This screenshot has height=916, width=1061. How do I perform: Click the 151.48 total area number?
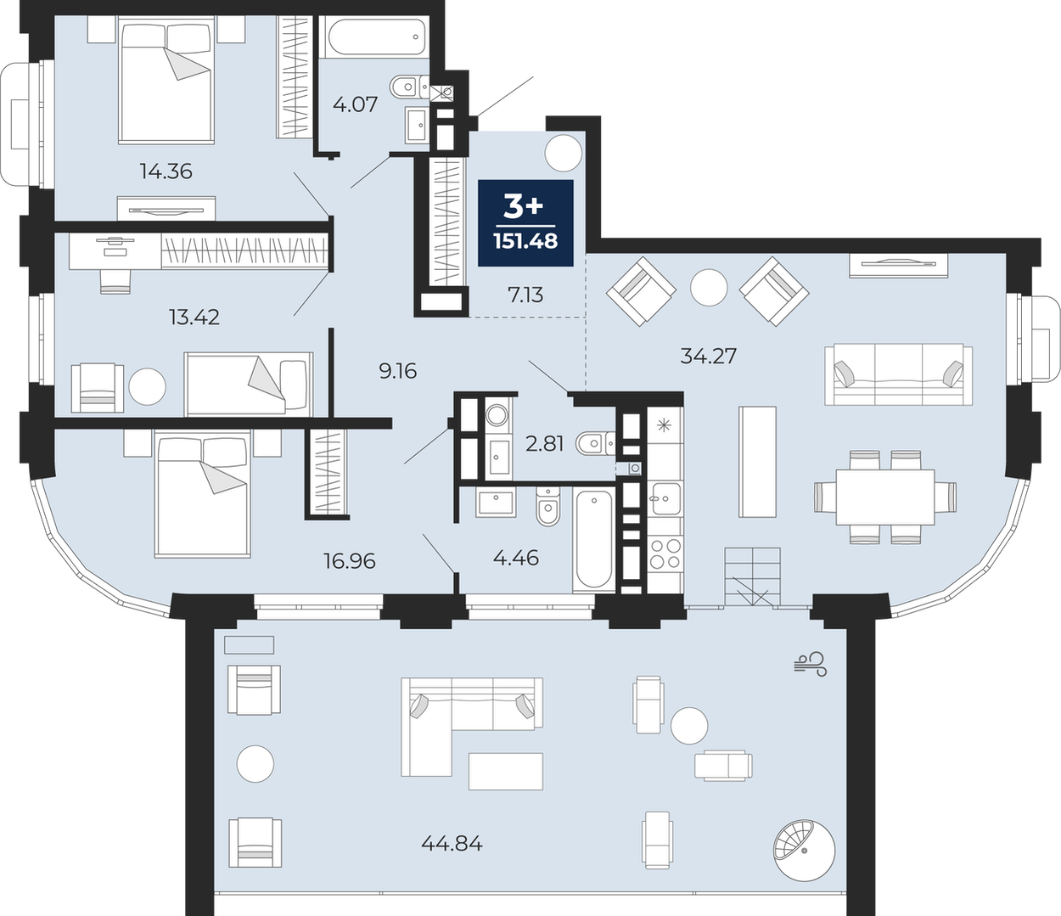pos(525,241)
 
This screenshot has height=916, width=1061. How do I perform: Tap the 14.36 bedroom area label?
pos(166,171)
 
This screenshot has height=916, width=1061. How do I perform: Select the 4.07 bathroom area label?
pos(355,104)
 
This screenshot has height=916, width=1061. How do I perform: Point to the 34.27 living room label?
pos(709,356)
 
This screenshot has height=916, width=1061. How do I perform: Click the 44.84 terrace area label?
pos(452,843)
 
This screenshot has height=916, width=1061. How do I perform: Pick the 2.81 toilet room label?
pos(545,443)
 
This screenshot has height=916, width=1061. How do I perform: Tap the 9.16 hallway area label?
pos(398,371)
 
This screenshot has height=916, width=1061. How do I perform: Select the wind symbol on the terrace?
pos(811,664)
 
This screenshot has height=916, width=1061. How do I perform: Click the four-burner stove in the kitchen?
pos(665,554)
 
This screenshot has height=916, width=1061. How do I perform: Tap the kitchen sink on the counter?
pos(665,498)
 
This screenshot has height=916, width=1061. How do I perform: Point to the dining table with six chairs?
pos(885,497)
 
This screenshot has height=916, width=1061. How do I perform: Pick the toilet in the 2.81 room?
pos(595,443)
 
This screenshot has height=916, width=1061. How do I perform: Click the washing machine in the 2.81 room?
pos(497,414)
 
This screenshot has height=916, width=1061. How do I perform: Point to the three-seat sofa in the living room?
pos(898,375)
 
